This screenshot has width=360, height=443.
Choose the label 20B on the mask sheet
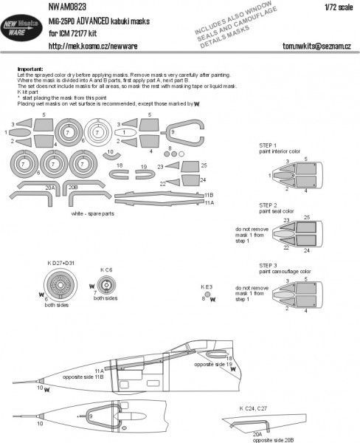click(72, 188)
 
